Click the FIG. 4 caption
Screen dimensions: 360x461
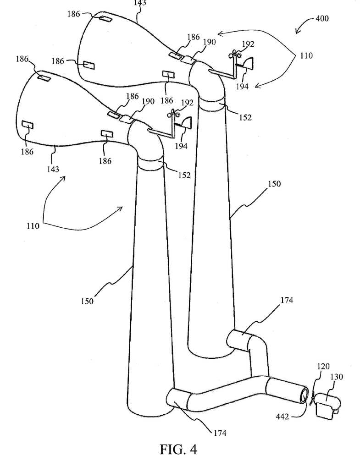[x=178, y=449]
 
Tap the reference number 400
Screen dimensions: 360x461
[x=322, y=18]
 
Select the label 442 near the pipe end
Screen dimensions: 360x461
[x=282, y=417]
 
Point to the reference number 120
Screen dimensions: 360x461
[x=323, y=366]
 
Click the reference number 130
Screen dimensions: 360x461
[x=337, y=377]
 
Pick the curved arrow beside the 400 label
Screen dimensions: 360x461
[x=304, y=25]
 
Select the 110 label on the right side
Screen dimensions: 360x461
[x=306, y=55]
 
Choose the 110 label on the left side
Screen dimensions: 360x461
[x=33, y=226]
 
